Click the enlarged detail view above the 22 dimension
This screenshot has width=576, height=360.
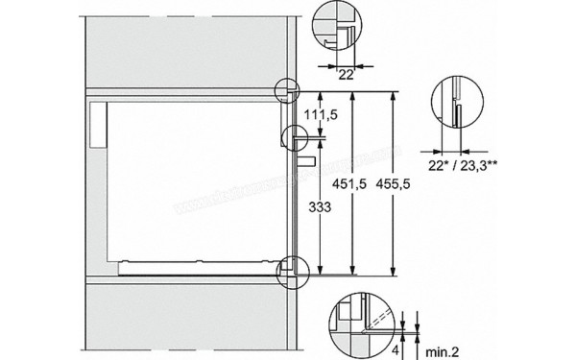click(337, 27)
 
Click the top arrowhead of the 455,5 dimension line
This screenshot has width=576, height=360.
click(396, 95)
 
